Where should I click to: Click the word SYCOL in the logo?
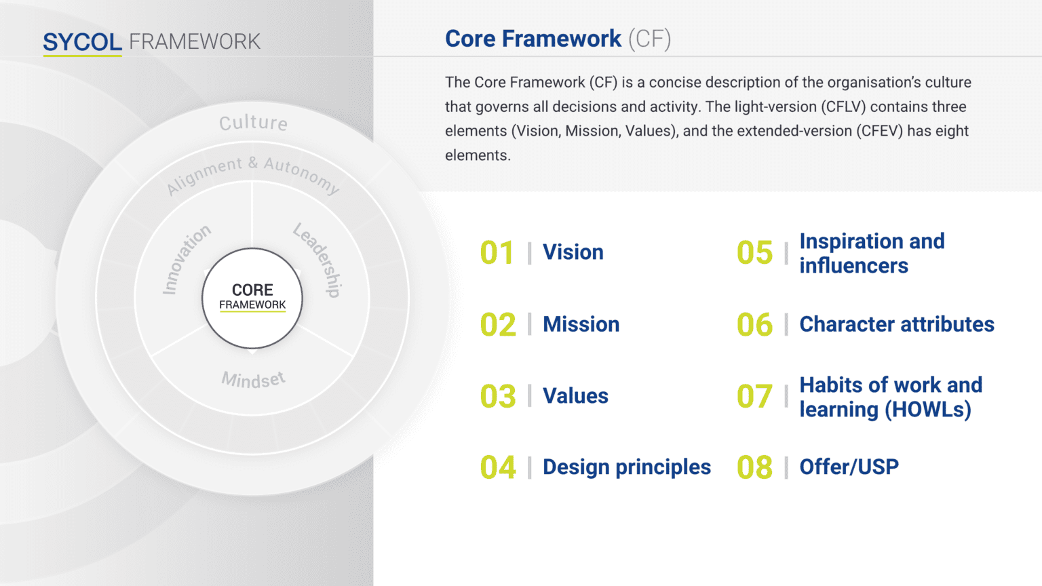click(82, 42)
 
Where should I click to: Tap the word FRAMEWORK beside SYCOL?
click(195, 42)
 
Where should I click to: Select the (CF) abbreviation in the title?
click(649, 39)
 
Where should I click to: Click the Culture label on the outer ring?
click(254, 123)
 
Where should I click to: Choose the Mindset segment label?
click(253, 380)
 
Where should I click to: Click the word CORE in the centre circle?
click(252, 290)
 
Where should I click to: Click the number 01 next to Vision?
click(497, 253)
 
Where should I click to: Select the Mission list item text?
click(581, 324)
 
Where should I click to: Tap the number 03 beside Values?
click(498, 396)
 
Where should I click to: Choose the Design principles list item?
click(627, 467)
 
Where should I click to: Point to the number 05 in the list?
click(754, 253)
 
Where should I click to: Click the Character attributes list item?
click(897, 324)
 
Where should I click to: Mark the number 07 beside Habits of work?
click(754, 396)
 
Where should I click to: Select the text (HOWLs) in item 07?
click(927, 410)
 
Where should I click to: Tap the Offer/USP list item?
click(849, 467)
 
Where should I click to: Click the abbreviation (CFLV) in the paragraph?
click(843, 107)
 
